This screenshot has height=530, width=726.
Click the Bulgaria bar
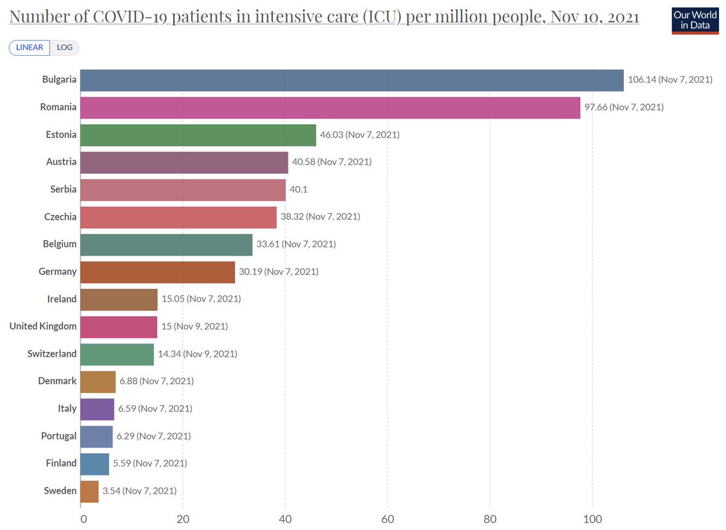[x=352, y=80]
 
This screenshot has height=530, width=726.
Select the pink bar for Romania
[x=330, y=107]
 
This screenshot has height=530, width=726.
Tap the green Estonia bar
[x=198, y=134]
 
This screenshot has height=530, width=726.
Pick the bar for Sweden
[x=90, y=491]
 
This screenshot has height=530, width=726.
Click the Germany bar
[x=157, y=271]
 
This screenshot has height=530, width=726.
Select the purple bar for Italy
[x=97, y=408]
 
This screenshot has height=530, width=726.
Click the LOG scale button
[x=65, y=47]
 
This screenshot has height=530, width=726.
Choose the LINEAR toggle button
[x=30, y=47]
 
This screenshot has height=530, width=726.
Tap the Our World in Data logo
[x=695, y=20]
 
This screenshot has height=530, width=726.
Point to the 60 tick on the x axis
[x=387, y=518]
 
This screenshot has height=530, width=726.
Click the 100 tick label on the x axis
[x=592, y=518]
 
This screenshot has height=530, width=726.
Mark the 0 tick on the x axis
[x=83, y=518]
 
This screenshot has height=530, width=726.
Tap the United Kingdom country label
[x=43, y=326]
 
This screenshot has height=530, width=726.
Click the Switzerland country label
[x=52, y=354]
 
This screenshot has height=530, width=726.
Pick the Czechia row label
[x=60, y=217]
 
